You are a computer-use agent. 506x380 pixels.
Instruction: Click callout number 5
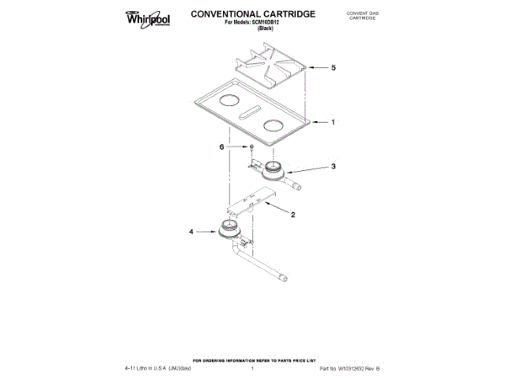[333, 68]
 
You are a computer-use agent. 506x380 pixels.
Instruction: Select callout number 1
[333, 123]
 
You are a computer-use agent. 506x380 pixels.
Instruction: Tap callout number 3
[334, 167]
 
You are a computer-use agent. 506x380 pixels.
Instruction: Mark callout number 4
[191, 233]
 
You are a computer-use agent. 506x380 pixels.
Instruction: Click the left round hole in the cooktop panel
[228, 101]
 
